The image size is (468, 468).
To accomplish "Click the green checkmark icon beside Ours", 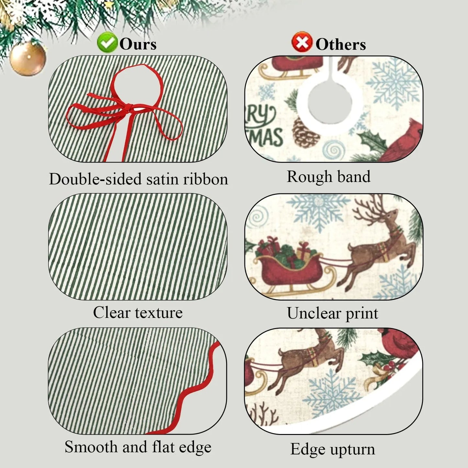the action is [x=107, y=42].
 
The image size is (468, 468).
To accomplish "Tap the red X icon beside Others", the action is [x=302, y=42].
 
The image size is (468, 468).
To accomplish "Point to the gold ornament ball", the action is [x=28, y=59].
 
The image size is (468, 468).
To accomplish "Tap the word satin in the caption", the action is [x=163, y=179].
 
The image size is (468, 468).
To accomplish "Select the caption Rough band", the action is [x=329, y=177].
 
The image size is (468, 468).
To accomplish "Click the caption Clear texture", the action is [x=138, y=313].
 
